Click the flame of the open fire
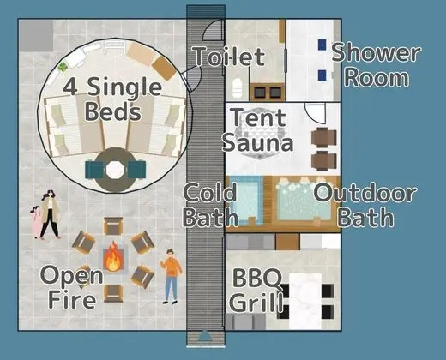coord(113,257)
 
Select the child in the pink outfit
coord(36,222)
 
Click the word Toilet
coord(229,57)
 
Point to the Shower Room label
coord(377,65)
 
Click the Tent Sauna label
coord(258,130)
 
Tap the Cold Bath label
coord(210,205)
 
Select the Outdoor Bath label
coord(365,205)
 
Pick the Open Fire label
coord(72,286)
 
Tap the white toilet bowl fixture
coord(238,87)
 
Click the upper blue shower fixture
coord(322,45)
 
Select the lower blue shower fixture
coord(322,75)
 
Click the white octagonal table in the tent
coord(115,170)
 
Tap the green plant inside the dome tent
coord(63,68)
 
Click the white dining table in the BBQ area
coord(305,302)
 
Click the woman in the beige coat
coord(51,214)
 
